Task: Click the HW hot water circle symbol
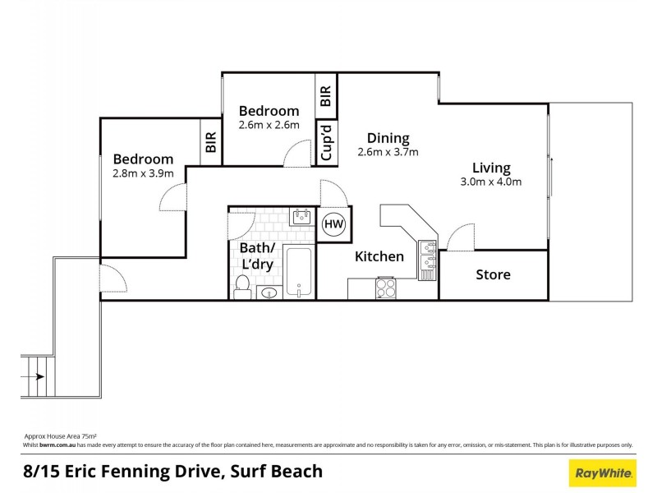coord(333,224)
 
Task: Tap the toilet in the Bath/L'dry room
coord(242,285)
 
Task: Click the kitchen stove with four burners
coord(386,288)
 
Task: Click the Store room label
coord(493,274)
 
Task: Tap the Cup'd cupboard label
coord(326,143)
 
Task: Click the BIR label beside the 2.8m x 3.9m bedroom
coord(211,143)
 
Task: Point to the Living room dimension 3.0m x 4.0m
coord(491,182)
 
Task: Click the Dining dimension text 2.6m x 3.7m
coord(388,152)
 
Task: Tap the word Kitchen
coord(379,256)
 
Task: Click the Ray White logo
coord(602,472)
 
